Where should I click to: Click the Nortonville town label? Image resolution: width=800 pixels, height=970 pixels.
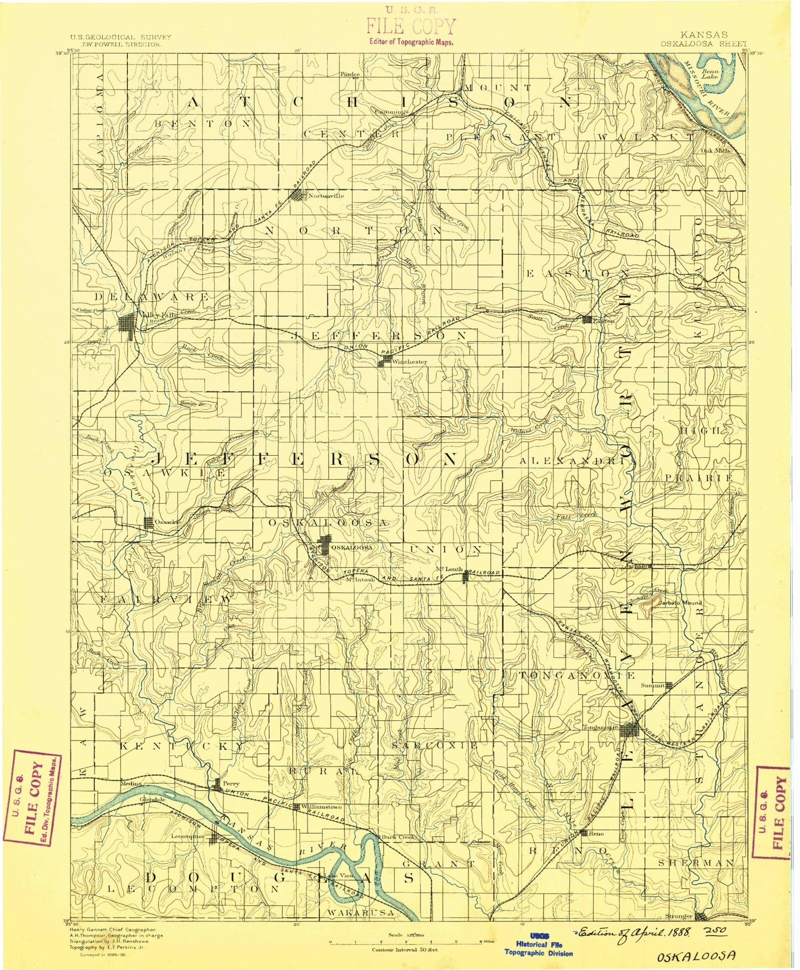tap(326, 196)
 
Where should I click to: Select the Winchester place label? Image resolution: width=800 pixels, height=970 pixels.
tap(409, 362)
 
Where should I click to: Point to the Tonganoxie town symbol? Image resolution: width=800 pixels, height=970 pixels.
tap(632, 729)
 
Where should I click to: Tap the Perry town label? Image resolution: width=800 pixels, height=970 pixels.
tap(231, 784)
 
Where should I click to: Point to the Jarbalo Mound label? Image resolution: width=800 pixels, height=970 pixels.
tap(680, 603)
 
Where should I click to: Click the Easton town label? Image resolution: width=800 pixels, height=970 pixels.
tap(604, 321)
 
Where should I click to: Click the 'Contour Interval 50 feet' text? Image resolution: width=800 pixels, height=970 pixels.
tap(405, 949)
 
